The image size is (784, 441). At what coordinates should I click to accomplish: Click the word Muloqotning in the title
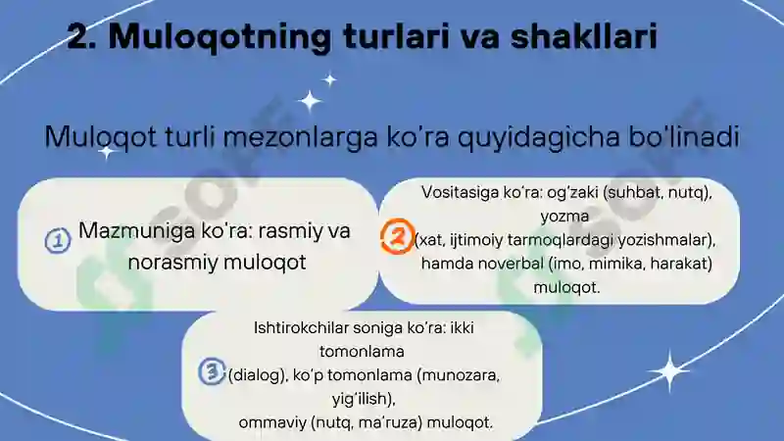[x=220, y=37]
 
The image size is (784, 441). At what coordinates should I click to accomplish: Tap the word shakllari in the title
[x=583, y=36]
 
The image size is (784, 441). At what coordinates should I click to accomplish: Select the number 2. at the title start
[x=82, y=36]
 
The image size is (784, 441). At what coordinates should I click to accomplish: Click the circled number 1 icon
[x=58, y=240]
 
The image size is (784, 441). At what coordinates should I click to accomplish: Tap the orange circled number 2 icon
[x=398, y=236]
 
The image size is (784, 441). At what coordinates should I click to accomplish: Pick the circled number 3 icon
[x=212, y=371]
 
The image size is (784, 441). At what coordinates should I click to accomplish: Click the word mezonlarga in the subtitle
[x=300, y=137]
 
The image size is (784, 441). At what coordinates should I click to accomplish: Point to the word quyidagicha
[x=538, y=137]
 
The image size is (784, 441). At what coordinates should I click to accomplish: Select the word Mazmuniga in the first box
[x=136, y=231]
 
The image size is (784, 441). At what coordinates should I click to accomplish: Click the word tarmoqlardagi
[x=560, y=240]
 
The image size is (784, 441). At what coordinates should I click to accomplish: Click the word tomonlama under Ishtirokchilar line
[x=362, y=352]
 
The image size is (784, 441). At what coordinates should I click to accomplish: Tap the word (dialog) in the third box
[x=258, y=375]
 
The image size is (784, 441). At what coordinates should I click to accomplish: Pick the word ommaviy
[x=272, y=423]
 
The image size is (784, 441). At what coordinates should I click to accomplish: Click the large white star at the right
[x=669, y=370]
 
